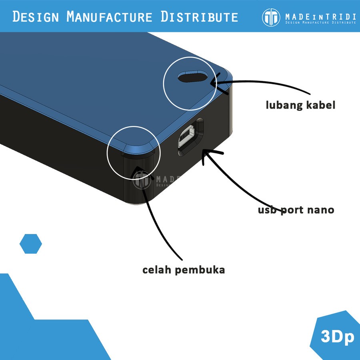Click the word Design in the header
click(x=36, y=17)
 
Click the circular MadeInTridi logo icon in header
click(x=271, y=17)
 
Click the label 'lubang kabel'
click(x=300, y=105)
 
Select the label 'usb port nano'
click(x=296, y=210)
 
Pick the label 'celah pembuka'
click(x=184, y=270)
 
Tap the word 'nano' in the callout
click(x=320, y=210)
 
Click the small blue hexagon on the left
click(x=31, y=244)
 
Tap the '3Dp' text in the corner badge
click(x=338, y=337)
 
